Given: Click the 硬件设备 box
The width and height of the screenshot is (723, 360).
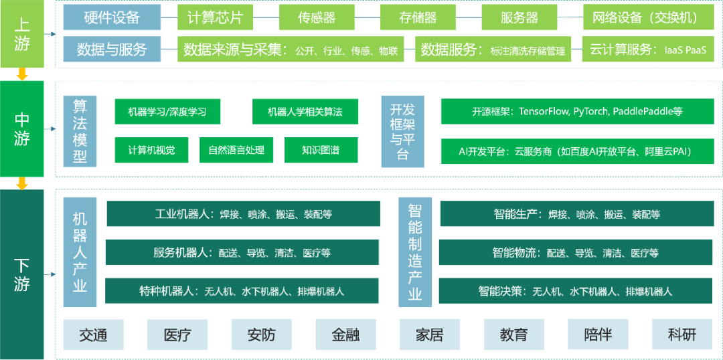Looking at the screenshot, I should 112,17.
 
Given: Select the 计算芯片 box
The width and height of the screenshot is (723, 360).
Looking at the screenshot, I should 216,17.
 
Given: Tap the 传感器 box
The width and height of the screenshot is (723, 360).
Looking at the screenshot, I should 317,17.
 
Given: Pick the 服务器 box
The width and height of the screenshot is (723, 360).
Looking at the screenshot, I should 519,17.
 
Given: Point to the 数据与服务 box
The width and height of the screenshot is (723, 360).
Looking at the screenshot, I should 112,50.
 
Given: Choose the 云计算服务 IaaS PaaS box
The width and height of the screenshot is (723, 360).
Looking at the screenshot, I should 648,50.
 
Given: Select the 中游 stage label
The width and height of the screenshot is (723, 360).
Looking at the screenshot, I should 22,128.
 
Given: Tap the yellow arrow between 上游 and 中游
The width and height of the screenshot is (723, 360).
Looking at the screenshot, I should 22,74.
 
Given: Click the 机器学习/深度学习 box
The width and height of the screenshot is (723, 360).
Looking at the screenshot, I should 167,112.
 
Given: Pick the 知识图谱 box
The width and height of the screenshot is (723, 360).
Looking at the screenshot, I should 321,150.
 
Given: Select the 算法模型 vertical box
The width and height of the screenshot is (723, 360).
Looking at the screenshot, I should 80,131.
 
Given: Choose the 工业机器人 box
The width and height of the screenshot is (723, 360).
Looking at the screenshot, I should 243,214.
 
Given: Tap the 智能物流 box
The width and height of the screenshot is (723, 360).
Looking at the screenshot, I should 575,253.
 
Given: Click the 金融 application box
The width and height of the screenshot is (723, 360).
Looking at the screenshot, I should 345,335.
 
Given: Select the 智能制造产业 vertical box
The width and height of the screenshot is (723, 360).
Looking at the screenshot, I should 415,252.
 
